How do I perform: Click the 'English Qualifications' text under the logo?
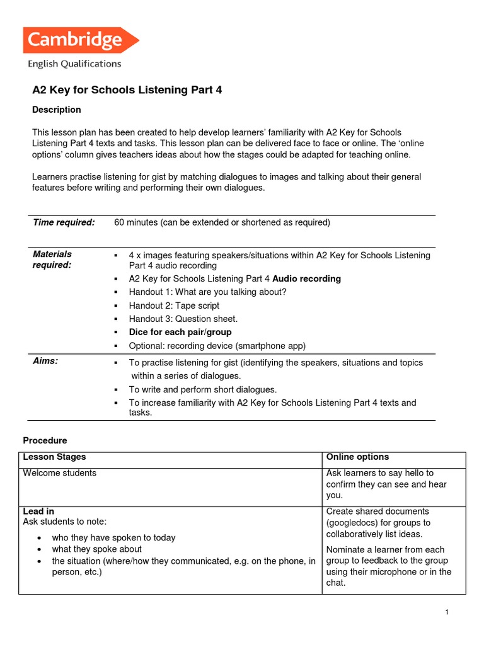74,64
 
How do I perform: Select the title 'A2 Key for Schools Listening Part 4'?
127,90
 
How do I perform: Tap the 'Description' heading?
56,110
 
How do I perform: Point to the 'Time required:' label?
64,222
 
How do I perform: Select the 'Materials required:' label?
52,260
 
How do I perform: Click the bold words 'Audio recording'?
306,278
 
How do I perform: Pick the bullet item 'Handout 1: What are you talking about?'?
207,292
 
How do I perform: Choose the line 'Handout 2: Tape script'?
174,305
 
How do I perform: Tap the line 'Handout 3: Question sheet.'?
183,319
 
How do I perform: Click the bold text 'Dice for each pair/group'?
180,332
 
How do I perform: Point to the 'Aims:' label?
45,361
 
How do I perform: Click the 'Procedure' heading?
45,440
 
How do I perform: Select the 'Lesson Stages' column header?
54,457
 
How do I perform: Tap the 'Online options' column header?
357,457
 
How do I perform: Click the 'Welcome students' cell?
60,473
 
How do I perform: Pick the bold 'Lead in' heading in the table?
38,511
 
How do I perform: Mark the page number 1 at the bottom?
446,614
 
